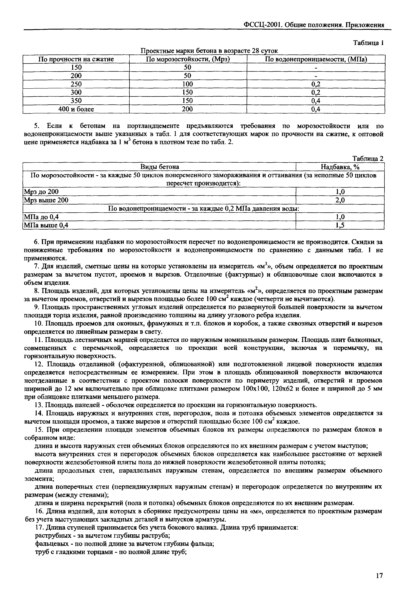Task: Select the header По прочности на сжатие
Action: point(76,59)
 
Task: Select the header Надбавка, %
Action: point(340,167)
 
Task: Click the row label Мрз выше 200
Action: point(46,200)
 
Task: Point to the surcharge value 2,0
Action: point(340,200)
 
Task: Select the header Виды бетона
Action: point(160,167)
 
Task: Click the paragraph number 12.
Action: point(38,364)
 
